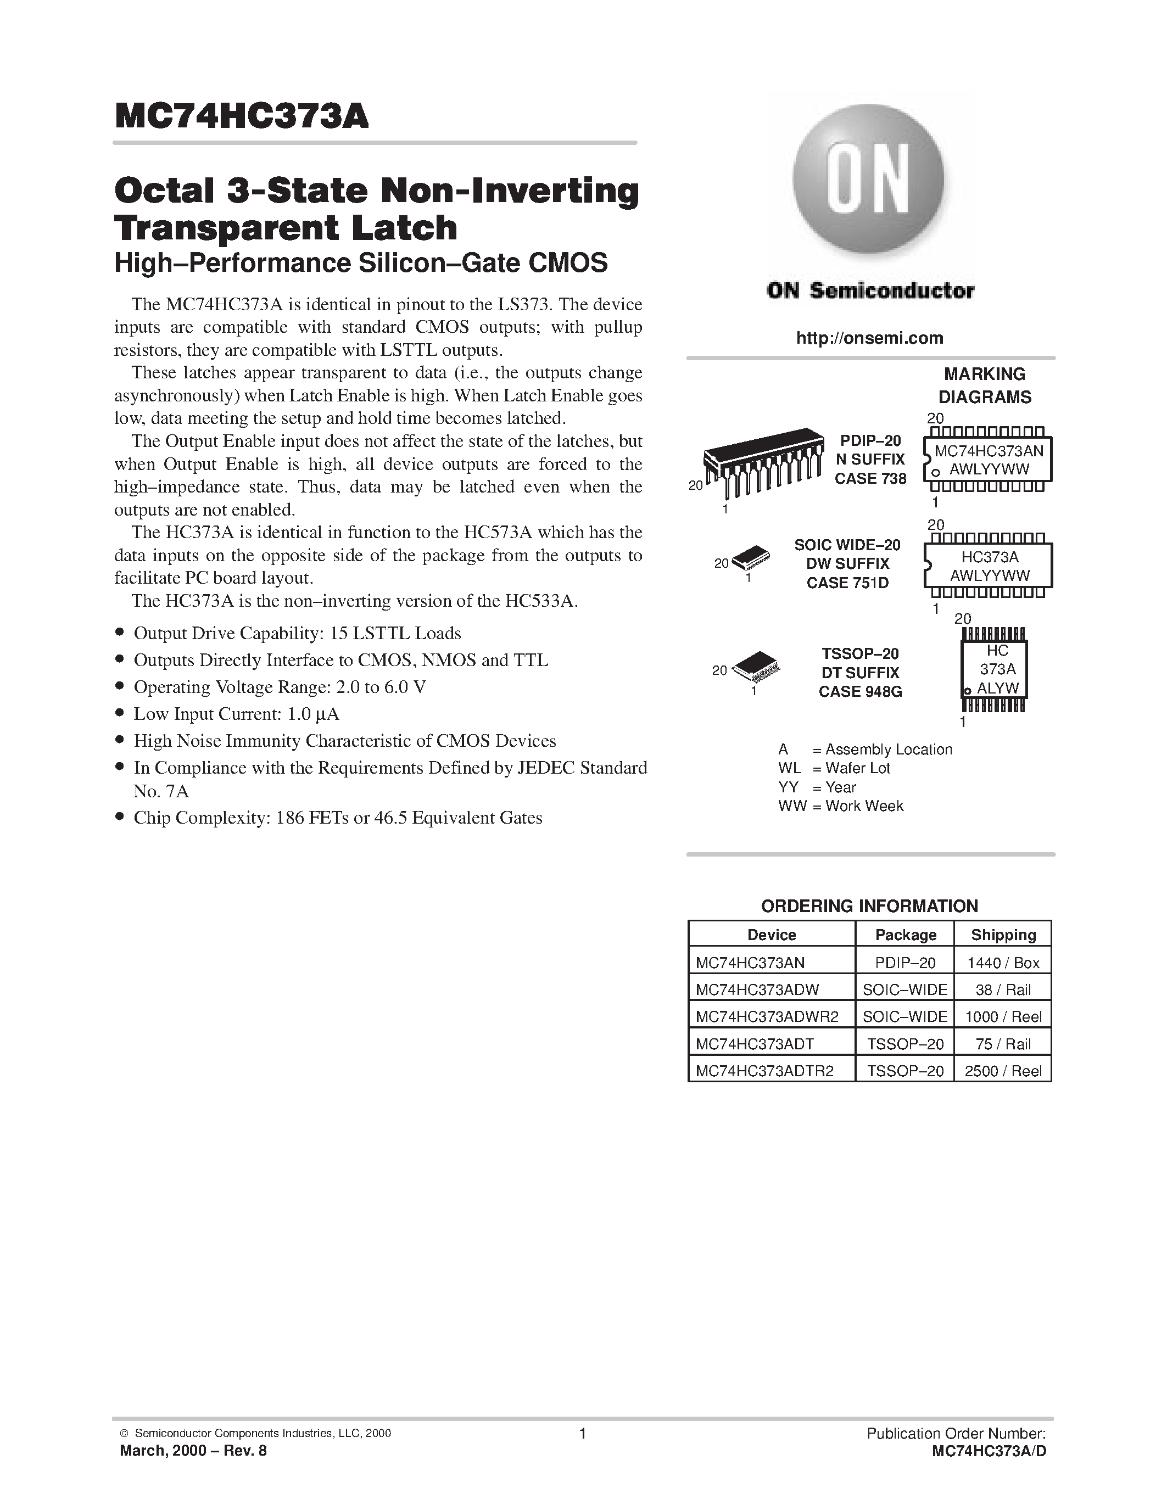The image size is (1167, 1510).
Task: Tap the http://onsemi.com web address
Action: pos(869,338)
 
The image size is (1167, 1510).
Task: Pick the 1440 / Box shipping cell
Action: pos(1002,963)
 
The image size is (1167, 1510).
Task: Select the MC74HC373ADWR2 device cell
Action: pos(767,1016)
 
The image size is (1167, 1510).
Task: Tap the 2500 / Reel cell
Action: pos(1002,1071)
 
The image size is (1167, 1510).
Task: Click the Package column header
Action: pos(905,935)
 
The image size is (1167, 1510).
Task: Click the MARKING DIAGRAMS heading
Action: pos(985,385)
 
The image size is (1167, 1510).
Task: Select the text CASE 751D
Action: pos(847,583)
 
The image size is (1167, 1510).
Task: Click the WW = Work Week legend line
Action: pos(840,806)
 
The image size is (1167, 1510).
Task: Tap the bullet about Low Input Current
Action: pos(236,713)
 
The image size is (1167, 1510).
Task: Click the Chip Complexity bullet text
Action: pos(337,818)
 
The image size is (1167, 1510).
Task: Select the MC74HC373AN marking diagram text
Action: pos(989,451)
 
